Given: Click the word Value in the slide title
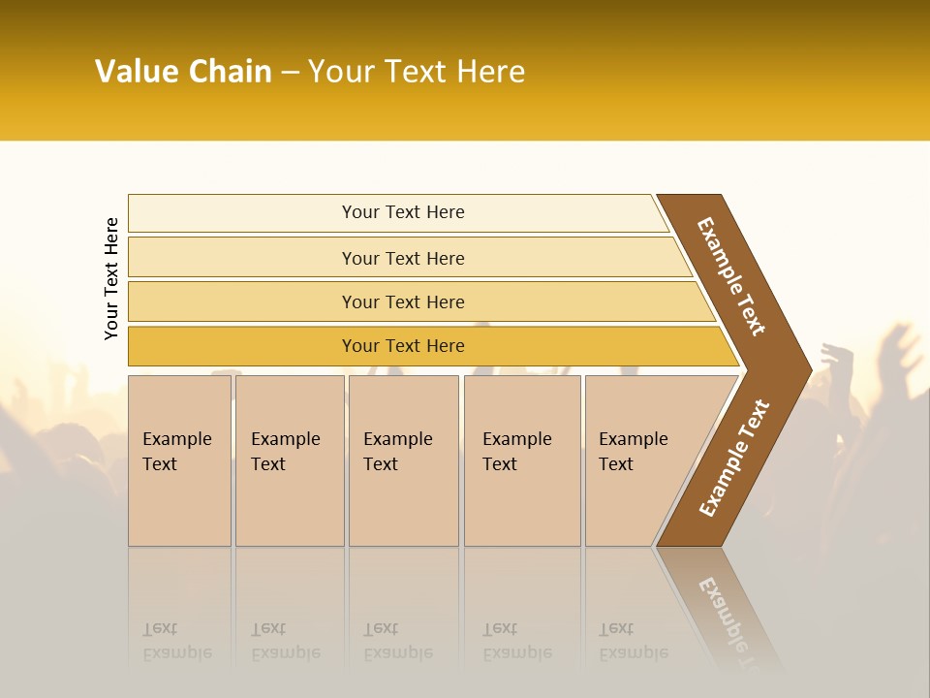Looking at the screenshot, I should coord(136,72).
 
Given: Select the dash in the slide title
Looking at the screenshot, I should coord(290,73).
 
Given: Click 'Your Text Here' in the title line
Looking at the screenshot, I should coord(417,72).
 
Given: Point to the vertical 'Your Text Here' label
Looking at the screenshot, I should coord(111,278).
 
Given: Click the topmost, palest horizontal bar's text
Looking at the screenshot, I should coord(403,212).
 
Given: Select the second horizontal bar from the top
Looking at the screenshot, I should coord(403,258).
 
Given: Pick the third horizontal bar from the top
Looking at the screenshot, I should coord(403,301).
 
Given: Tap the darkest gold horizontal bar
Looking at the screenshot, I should coord(403,346).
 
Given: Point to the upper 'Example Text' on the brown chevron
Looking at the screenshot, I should coord(731,276).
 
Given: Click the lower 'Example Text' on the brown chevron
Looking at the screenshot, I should coord(733,459).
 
